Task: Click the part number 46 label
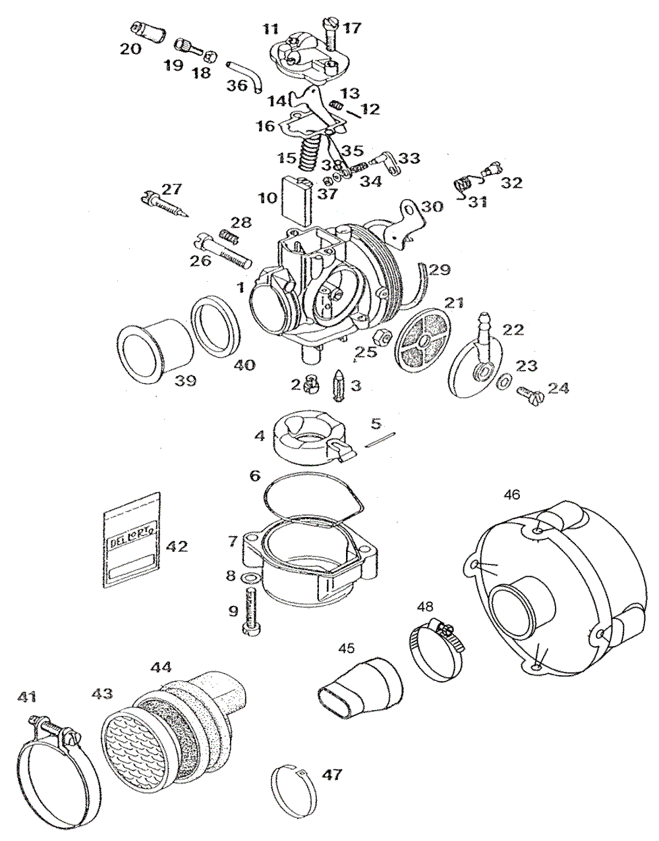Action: coord(512,494)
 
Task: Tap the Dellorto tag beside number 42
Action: coord(132,538)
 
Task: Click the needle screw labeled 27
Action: coord(165,203)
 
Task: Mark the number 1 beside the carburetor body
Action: coord(241,287)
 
